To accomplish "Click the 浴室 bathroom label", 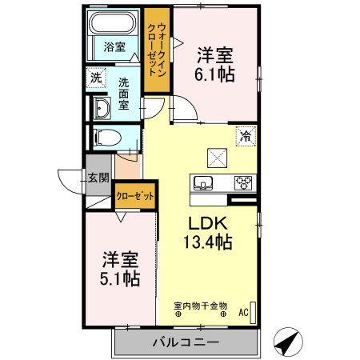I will point(114,46).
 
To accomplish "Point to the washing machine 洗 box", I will point(96,78).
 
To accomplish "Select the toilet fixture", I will point(105,138).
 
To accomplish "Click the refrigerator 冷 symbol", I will point(246,137).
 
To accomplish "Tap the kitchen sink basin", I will point(203,183).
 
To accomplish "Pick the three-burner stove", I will point(243,183).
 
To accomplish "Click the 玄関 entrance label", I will point(98,178).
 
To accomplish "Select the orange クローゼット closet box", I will point(134,194).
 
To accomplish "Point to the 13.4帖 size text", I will point(210,242).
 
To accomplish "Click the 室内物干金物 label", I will point(201,305).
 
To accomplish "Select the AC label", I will point(244,312).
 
